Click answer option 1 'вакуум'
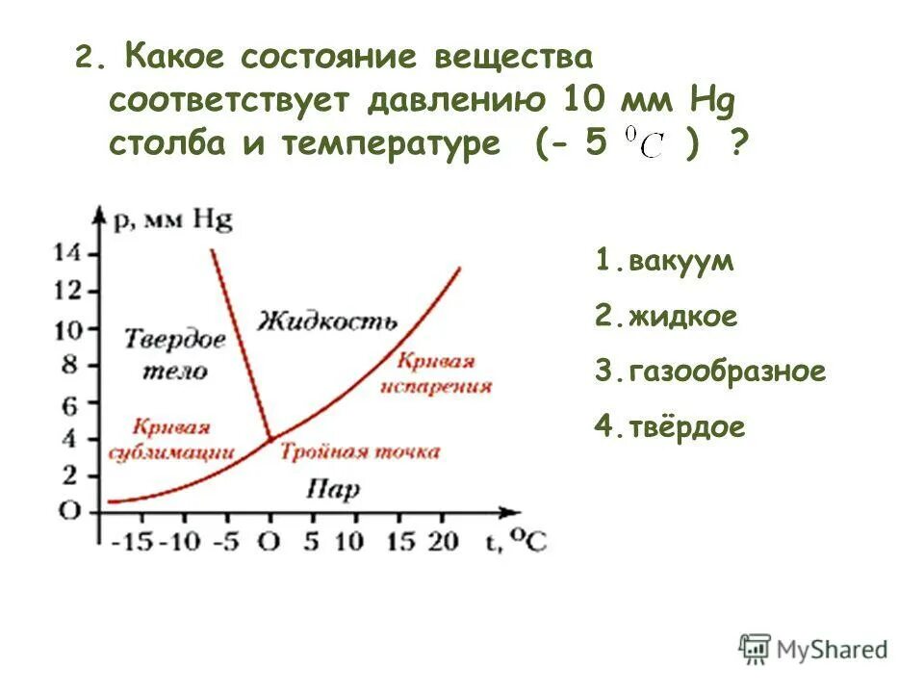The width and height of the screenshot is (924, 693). [665, 261]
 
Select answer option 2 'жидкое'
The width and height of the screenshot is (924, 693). [667, 317]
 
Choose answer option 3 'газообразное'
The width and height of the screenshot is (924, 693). [710, 372]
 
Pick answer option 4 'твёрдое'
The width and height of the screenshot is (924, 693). [671, 427]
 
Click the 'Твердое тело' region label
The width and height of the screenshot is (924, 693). [175, 354]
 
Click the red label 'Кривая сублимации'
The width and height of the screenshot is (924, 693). [172, 438]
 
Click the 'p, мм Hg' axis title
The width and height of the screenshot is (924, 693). [174, 219]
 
